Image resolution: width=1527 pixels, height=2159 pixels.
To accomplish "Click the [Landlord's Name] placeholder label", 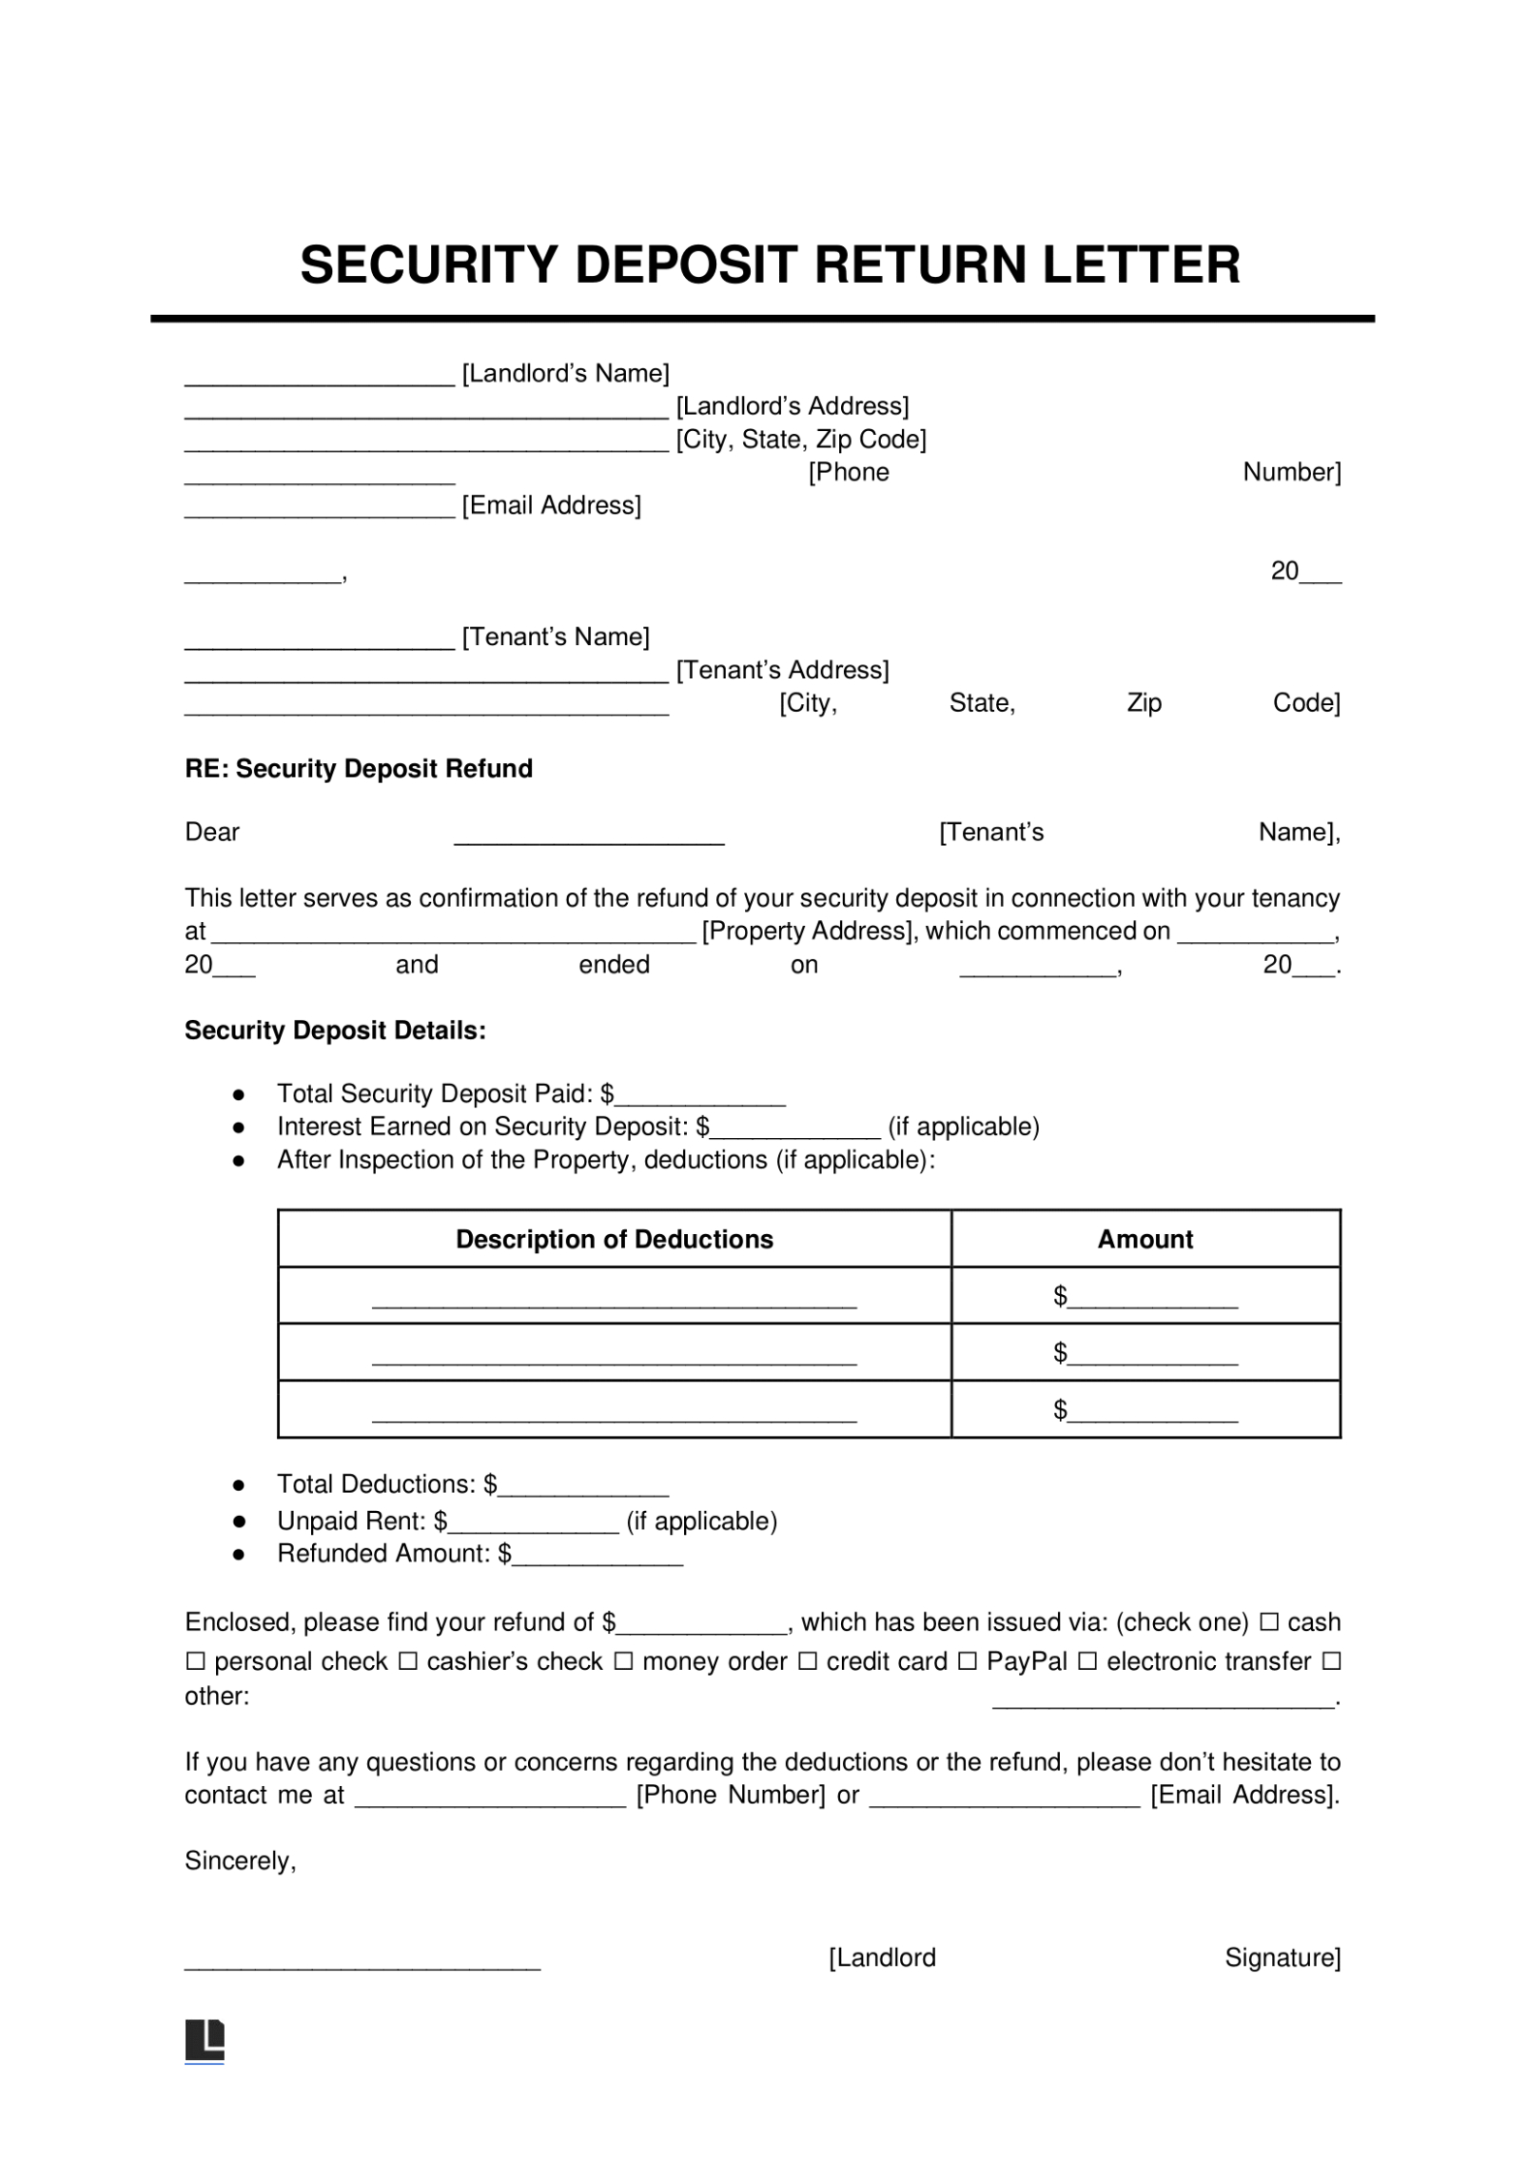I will pos(565,373).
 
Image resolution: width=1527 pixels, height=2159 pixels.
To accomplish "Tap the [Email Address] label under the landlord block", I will pos(551,505).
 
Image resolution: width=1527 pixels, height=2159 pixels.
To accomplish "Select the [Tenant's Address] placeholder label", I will pos(782,670).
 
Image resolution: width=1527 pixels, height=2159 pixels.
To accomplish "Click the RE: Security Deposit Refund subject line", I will pos(358,769).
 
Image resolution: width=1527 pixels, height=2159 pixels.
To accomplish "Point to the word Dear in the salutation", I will pos(211,833).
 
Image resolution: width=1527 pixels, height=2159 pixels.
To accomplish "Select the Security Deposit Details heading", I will pos(335,1030).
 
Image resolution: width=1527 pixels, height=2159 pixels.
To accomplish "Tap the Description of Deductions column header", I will pos(614,1239).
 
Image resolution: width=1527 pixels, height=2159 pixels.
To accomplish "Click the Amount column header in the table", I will pos(1145,1239).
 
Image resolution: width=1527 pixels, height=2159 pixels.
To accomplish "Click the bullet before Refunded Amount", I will pos(239,1555).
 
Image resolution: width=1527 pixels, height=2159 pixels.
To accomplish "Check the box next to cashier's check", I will pos(407,1662).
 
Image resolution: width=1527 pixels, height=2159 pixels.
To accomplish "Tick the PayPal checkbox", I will pos(967,1662).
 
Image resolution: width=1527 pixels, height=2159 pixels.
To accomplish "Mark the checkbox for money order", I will pos(623,1662).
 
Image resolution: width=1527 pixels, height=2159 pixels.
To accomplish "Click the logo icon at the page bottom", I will pos(205,2040).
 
